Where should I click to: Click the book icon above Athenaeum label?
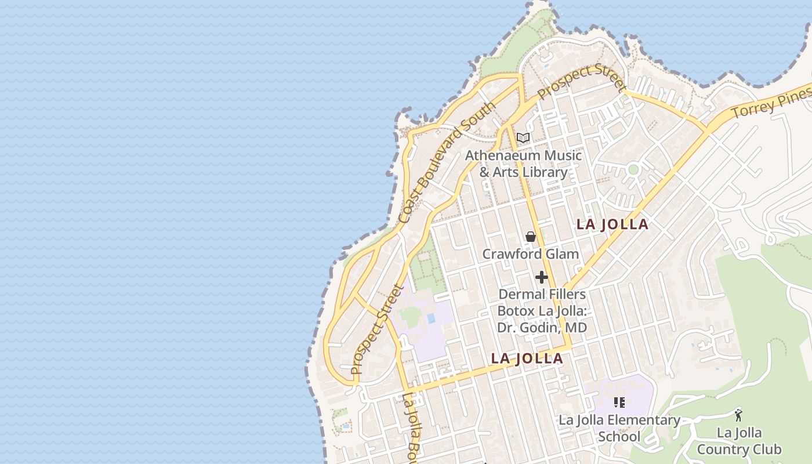pos(523,138)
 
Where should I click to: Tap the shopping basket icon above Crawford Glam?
pos(530,237)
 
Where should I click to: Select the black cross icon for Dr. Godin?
pos(541,277)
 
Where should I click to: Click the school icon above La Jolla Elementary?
pos(619,402)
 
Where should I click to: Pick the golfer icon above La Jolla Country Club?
pos(738,415)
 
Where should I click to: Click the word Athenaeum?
pos(502,155)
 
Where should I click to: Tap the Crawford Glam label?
pos(530,254)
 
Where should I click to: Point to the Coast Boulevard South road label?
pos(447,162)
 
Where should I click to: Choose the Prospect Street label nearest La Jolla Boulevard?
pos(376,329)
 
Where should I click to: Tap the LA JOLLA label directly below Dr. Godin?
pos(527,358)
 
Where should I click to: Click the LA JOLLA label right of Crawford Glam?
pos(612,224)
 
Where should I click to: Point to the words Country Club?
pos(739,449)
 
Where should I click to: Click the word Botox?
pos(516,311)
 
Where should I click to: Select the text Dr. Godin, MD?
pos(542,328)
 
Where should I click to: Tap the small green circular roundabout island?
pos(633,170)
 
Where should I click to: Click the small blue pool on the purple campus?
pos(430,318)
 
